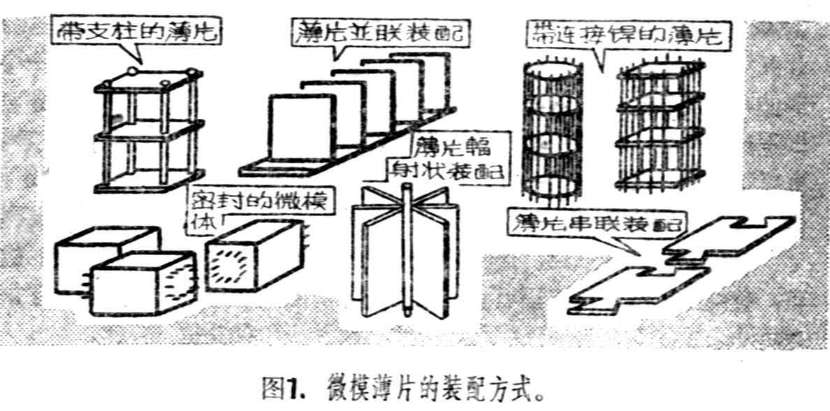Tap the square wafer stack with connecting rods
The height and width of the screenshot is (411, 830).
(657, 129)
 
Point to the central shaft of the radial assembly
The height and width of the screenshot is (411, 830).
(404, 252)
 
